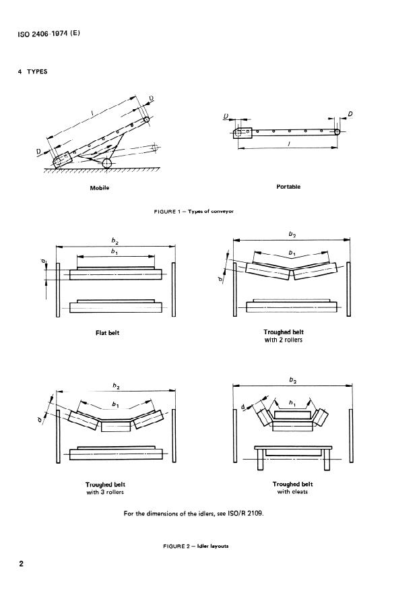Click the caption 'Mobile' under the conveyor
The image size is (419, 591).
coord(99,187)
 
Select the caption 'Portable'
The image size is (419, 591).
coord(288,187)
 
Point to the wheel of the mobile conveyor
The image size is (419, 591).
coord(108,164)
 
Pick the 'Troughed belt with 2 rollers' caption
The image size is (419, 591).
coord(288,336)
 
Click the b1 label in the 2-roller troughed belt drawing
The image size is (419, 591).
coord(292,253)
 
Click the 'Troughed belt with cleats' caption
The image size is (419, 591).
coord(292,488)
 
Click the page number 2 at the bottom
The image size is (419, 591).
coord(22,563)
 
